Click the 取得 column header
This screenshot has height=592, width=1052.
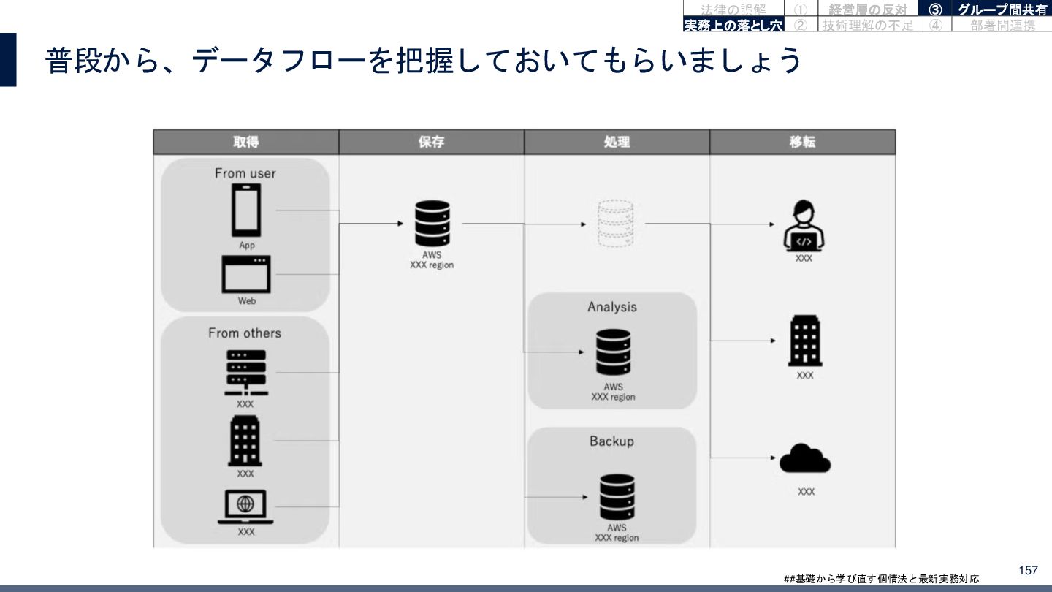245,142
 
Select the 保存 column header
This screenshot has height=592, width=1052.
431,142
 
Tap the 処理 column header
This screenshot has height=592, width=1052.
617,142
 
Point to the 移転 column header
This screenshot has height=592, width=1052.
802,142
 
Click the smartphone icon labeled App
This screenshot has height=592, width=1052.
246,210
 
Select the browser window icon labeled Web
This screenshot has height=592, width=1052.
246,274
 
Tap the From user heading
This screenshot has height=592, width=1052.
245,173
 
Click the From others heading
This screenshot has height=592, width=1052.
245,333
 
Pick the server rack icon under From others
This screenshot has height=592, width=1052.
245,372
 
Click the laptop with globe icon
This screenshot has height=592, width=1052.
245,506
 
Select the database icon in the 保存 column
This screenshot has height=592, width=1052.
432,224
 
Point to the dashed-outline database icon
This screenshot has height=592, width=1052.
612,224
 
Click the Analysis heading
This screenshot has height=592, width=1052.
612,307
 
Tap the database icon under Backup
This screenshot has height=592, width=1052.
617,497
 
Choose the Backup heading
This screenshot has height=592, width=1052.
612,441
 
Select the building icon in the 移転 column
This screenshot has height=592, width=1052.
804,341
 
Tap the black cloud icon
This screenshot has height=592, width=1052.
805,459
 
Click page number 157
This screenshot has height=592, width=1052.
1028,570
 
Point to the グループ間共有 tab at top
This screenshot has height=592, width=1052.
1002,10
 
